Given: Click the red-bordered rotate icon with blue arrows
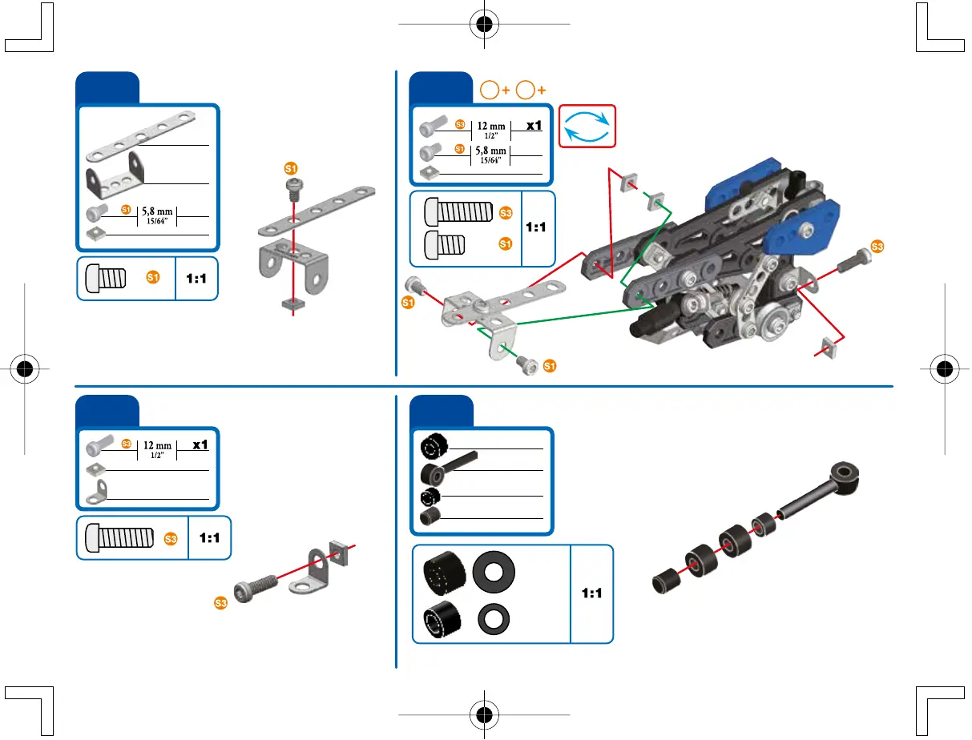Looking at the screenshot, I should coord(587,125).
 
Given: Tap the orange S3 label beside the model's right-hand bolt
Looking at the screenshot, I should coord(877,247).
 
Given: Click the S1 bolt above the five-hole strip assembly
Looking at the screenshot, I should coord(292,185).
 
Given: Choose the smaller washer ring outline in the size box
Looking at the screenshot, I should coord(494,621).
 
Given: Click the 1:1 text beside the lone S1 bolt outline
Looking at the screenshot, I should coord(196,279).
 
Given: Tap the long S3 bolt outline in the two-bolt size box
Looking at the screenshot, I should coord(458,212).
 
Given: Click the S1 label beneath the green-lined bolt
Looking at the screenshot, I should coord(550,366).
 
